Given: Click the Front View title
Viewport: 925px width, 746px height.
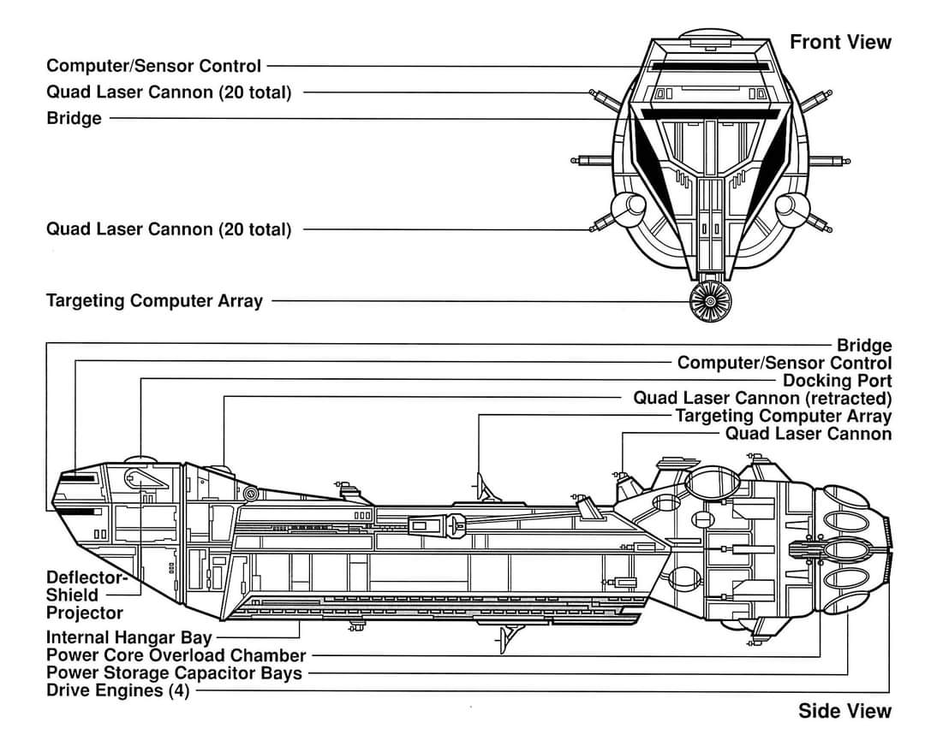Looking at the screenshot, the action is pos(840,42).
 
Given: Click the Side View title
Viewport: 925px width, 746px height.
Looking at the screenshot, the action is pos(844,711).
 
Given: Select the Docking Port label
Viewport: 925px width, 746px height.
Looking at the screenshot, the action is pos(837,381).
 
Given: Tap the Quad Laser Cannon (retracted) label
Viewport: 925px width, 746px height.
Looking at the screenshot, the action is pos(762,399).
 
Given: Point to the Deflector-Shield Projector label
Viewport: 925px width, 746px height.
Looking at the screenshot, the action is pos(87,595).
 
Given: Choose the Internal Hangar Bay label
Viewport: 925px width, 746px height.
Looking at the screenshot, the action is pos(128,637).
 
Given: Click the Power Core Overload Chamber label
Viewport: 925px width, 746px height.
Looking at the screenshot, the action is pos(176,655).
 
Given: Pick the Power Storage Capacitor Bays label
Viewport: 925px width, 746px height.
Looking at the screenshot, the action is pos(174,673).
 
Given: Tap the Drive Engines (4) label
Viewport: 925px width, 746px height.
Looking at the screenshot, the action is pos(118,690).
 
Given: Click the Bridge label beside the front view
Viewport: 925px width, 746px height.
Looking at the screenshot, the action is pos(74,118).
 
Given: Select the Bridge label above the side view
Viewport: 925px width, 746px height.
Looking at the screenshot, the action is pos(864,346).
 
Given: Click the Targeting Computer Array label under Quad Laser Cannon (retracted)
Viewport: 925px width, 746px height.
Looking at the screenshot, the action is pos(783,416).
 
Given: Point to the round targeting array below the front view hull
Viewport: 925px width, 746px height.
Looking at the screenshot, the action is pos(710,301).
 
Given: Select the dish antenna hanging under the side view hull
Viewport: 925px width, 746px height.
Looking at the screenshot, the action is pos(509,637).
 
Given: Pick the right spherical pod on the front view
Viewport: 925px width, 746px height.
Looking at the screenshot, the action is pos(791,207).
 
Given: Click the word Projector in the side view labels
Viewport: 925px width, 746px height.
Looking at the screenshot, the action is pos(84,613).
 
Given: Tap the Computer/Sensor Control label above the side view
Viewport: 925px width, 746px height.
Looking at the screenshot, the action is pos(784,363).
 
